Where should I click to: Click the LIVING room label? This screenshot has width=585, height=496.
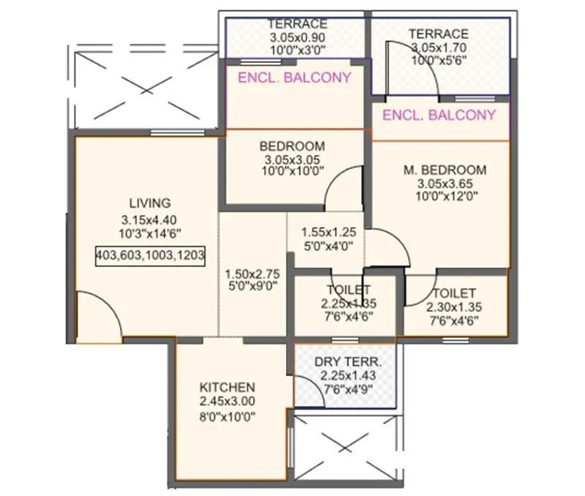pyautogui.click(x=150, y=203)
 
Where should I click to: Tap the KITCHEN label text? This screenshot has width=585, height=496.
pyautogui.click(x=227, y=387)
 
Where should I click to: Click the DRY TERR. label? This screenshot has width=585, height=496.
pyautogui.click(x=347, y=362)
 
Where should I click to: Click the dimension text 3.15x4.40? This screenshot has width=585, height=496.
pyautogui.click(x=150, y=219)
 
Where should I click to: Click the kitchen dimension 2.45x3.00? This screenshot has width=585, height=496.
pyautogui.click(x=227, y=402)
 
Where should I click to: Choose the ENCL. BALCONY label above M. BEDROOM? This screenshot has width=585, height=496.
pyautogui.click(x=439, y=115)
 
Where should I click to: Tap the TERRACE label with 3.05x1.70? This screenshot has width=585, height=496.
pyautogui.click(x=439, y=34)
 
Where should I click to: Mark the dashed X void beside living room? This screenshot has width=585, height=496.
pyautogui.click(x=143, y=84)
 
